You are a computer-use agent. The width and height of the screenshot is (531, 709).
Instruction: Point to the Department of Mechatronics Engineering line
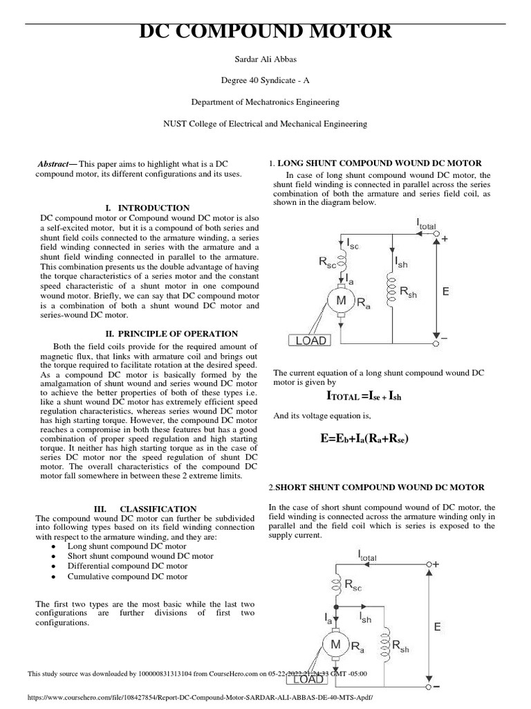pos(265,102)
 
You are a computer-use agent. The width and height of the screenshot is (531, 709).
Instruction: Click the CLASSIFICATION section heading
pos(158,509)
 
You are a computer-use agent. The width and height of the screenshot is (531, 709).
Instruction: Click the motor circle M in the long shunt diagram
pos(341,300)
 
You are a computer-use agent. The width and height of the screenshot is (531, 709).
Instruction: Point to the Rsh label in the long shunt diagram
pos(408,292)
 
